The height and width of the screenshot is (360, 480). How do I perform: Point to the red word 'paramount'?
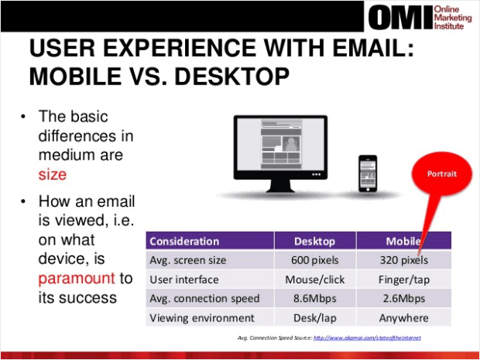77,278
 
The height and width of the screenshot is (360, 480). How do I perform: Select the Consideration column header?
184,241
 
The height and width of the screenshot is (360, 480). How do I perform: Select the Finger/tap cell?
403,279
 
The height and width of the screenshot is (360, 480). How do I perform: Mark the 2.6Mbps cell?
403,298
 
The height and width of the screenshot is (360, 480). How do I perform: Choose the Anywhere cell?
403,317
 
